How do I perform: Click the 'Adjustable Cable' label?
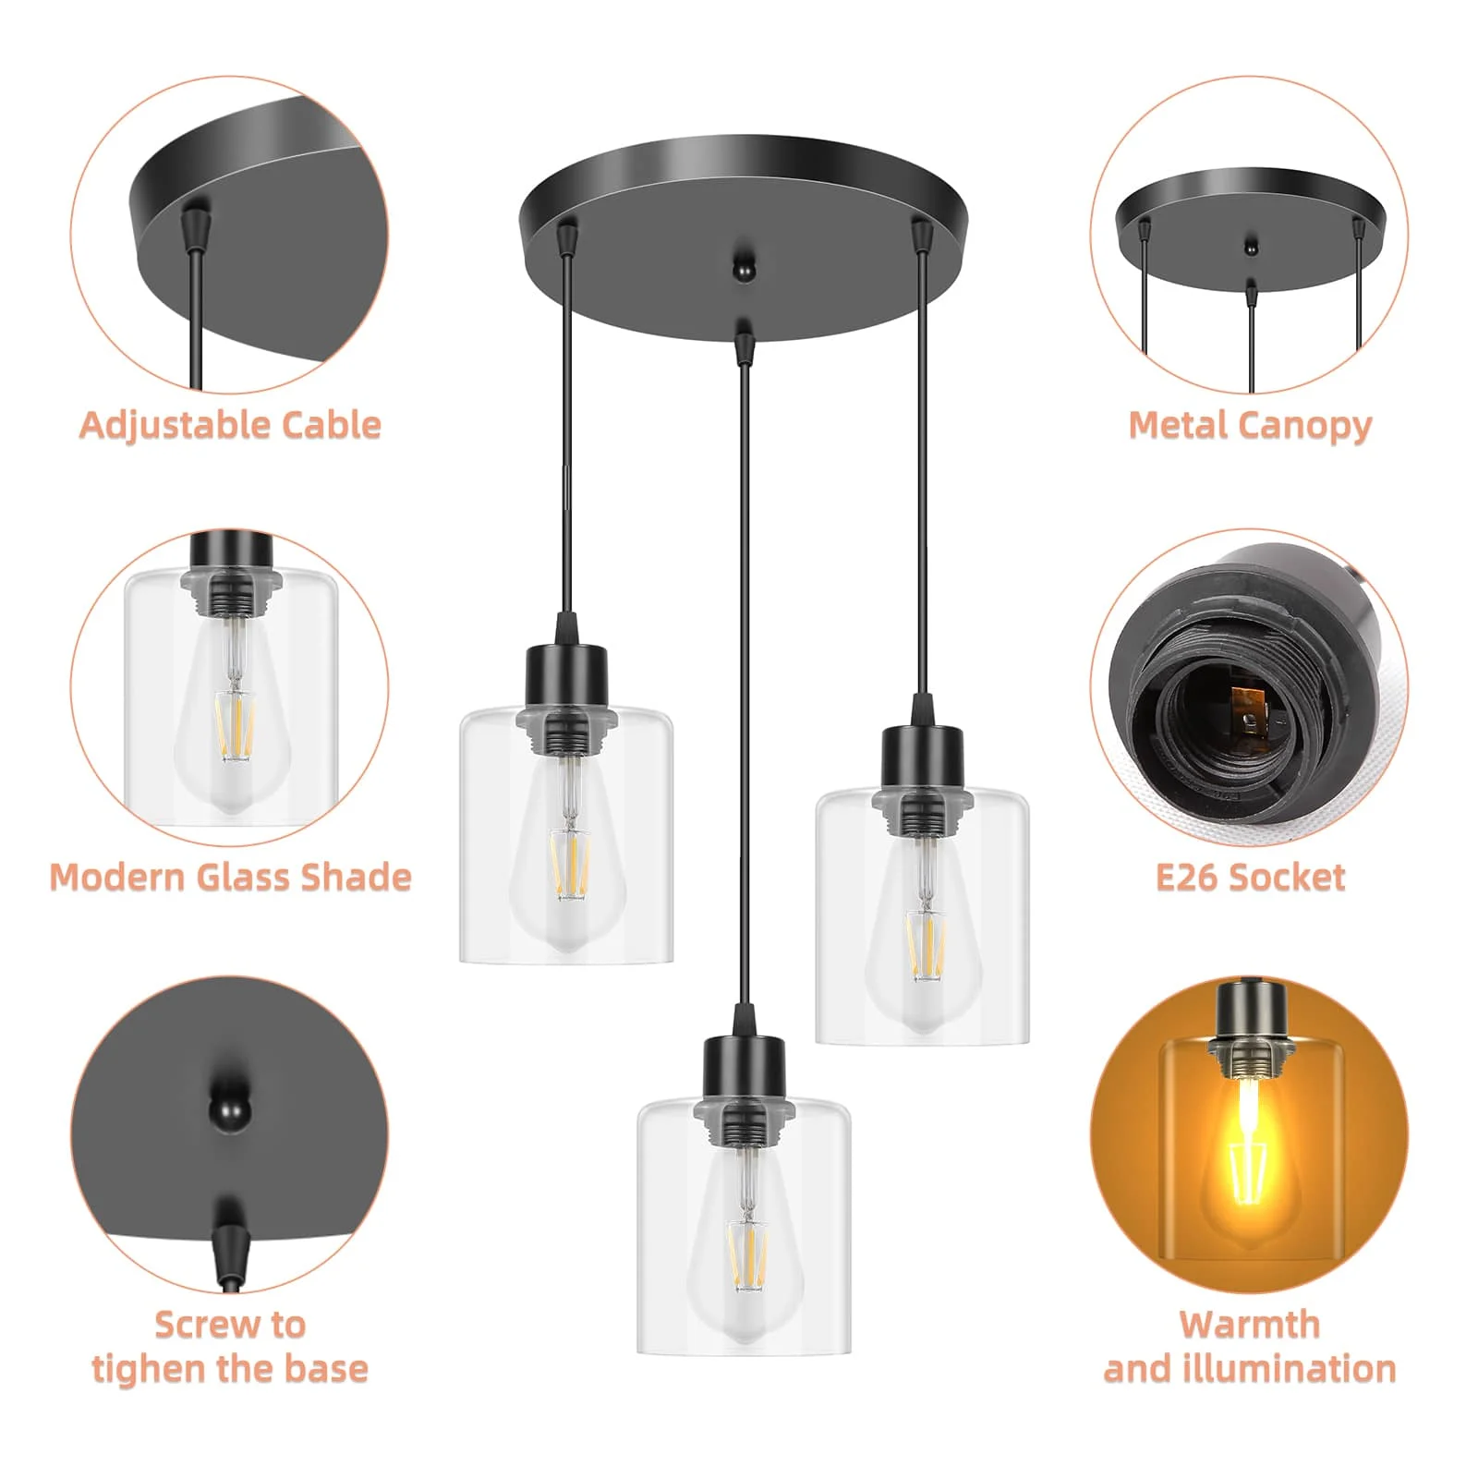point(230,425)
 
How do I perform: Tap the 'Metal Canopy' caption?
point(1250,425)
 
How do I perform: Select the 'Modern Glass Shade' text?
point(230,877)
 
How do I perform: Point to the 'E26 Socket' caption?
point(1250,877)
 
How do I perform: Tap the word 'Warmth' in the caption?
point(1250,1325)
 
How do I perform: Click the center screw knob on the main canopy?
point(742,269)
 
